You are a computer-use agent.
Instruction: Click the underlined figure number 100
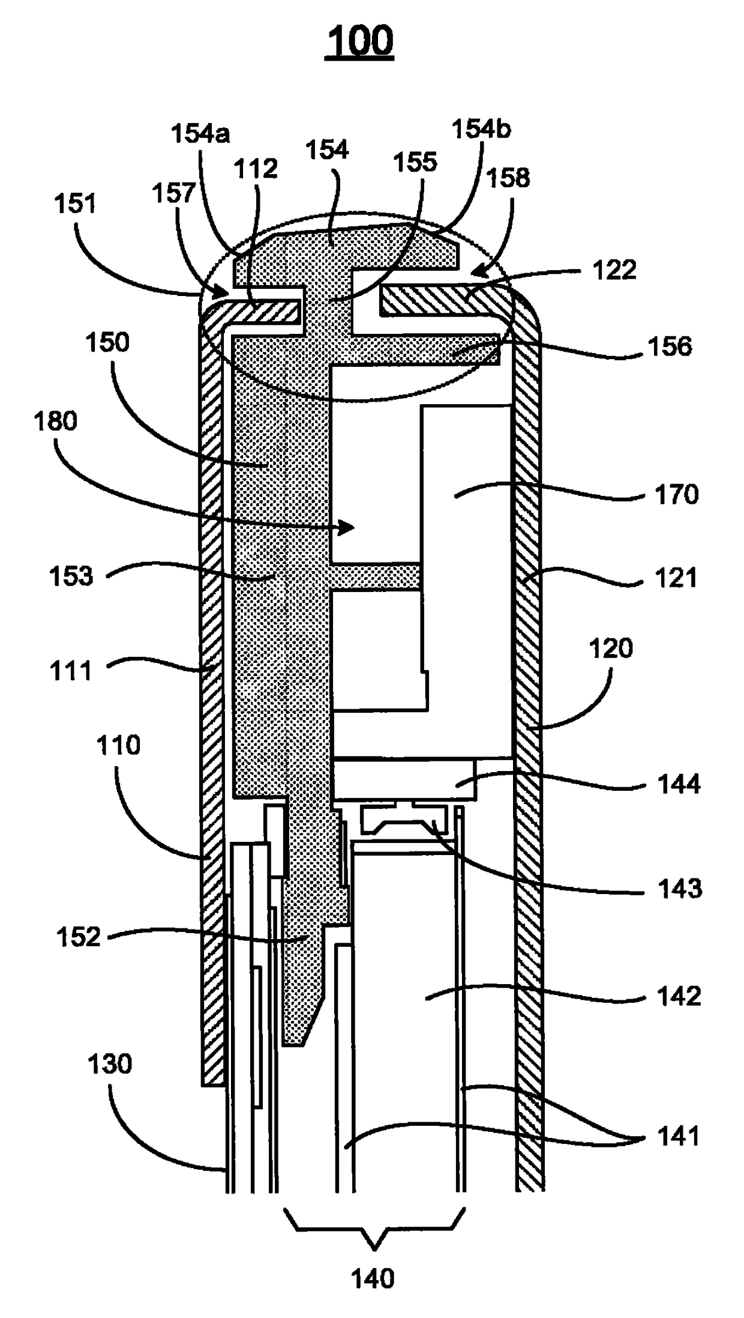(359, 40)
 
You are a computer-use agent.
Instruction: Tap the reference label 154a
(200, 133)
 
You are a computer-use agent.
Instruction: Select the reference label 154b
(481, 128)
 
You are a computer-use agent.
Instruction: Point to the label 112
(256, 169)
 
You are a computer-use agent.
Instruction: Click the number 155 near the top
(415, 162)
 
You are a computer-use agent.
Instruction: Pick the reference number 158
(508, 178)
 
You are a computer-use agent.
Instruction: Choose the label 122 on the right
(614, 270)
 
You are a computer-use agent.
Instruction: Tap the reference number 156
(670, 346)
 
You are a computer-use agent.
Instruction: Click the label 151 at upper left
(75, 204)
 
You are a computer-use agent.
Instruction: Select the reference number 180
(56, 421)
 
